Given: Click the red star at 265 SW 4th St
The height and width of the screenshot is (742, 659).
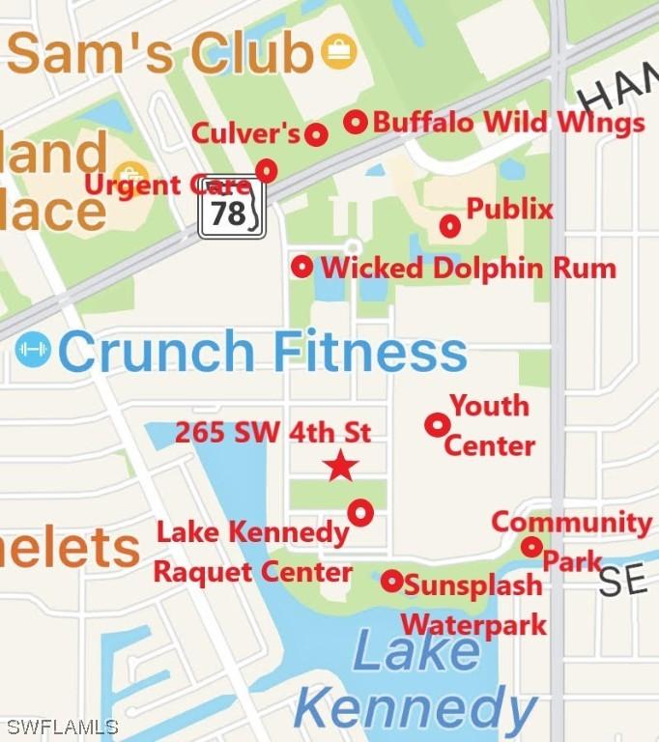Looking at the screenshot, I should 340,467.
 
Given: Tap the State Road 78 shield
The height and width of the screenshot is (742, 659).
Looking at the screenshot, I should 231,210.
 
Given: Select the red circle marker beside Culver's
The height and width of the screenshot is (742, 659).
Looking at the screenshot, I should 316,135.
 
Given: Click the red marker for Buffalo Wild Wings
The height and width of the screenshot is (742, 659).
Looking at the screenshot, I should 356,122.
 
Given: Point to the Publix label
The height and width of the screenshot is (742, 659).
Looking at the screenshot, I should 509,209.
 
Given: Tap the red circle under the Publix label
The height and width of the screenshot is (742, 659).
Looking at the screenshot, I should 449,226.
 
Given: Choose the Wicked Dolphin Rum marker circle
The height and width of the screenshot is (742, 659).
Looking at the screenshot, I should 302,266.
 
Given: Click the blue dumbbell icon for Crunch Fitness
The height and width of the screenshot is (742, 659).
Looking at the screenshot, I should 33,350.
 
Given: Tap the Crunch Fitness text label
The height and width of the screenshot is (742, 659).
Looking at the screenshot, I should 263,351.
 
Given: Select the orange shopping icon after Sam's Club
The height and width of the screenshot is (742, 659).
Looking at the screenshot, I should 339,51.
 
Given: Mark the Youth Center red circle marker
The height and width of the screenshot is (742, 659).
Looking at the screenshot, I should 437,424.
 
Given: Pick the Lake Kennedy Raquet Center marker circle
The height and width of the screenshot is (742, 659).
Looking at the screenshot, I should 360,512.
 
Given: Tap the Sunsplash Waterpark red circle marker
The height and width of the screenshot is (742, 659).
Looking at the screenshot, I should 391,581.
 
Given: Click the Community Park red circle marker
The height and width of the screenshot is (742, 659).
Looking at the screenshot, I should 531,547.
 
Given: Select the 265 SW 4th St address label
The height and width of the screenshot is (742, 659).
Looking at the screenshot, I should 272,433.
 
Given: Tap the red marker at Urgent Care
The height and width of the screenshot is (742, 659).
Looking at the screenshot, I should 267,171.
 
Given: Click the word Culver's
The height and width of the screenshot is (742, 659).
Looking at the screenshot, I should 246,133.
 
